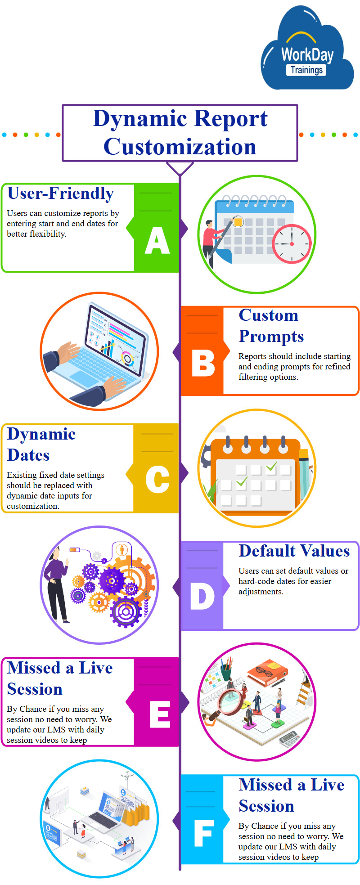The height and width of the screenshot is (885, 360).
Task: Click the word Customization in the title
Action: (180, 147)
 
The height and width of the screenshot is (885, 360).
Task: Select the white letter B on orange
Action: (203, 363)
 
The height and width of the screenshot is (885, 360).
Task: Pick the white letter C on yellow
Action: (157, 480)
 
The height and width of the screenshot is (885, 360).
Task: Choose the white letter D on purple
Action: (202, 596)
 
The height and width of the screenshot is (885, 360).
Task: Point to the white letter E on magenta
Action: (160, 714)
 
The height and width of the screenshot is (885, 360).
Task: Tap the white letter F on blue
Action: (203, 833)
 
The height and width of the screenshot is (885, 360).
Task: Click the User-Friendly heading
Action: (61, 193)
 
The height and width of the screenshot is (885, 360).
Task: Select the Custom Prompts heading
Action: (271, 326)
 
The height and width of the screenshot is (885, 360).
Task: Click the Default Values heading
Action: (294, 551)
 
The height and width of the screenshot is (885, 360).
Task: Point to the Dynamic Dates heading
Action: (41, 445)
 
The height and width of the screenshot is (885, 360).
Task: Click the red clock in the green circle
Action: (292, 244)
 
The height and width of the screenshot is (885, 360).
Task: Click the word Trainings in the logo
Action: (306, 70)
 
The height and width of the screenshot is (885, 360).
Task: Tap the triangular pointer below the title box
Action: (180, 168)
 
